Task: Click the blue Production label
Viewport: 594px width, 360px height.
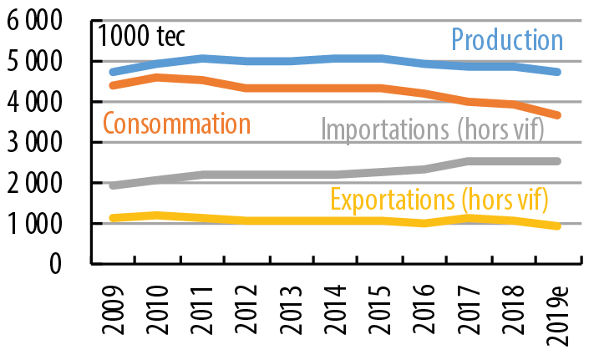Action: pos(507,39)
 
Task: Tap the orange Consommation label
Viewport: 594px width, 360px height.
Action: pos(176,124)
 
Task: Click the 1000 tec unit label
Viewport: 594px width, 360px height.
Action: pos(142,38)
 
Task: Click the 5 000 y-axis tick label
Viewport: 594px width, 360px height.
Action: pos(39,62)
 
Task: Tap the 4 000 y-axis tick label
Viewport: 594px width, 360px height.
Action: pos(39,102)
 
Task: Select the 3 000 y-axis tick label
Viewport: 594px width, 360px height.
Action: pos(39,143)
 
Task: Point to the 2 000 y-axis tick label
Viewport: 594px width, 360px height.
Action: pos(39,183)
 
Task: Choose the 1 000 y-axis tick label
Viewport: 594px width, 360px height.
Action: pos(39,224)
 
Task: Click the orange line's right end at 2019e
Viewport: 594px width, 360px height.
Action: pos(557,115)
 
